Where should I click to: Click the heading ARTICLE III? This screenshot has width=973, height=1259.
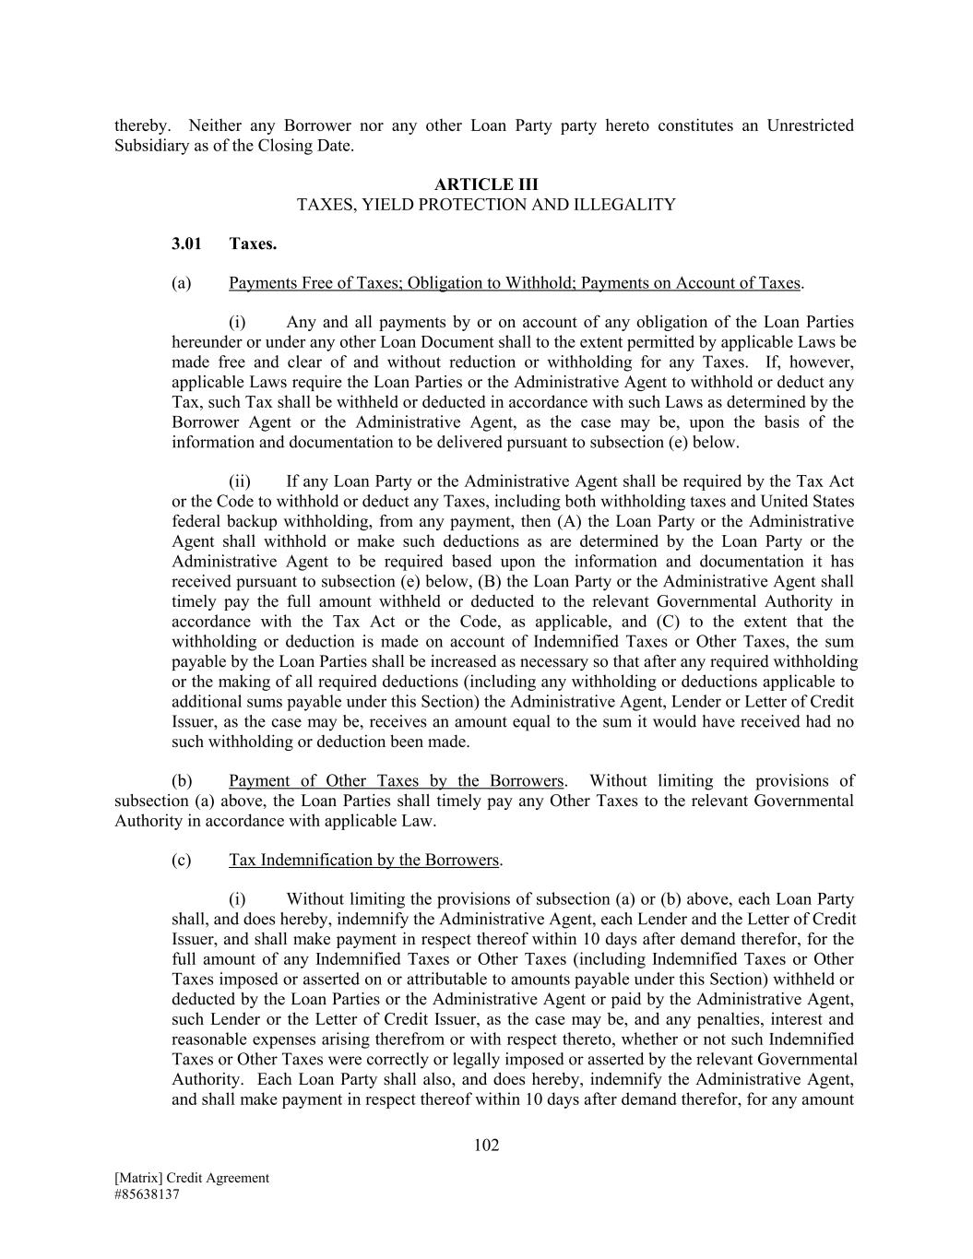tap(486, 184)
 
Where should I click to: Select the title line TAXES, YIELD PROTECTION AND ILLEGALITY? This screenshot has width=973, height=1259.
tap(486, 205)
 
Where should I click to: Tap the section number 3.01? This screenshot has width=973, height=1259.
tap(186, 244)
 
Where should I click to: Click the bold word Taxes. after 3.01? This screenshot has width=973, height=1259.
tap(253, 244)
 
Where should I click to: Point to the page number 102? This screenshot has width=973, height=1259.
tap(486, 1146)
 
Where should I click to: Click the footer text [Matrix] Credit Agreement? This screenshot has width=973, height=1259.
tap(192, 1178)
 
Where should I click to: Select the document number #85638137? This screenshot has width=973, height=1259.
tap(147, 1194)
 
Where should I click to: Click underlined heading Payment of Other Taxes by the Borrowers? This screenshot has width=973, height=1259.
tap(397, 781)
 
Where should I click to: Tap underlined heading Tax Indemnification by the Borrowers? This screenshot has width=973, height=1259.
tap(363, 861)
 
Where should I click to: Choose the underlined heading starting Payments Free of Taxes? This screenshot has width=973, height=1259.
tap(515, 283)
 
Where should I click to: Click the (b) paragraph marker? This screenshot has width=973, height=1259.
tap(182, 781)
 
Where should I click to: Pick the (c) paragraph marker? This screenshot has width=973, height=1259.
tap(182, 861)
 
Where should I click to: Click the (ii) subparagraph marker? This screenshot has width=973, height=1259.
tap(240, 481)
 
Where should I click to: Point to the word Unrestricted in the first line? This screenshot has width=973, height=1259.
tap(810, 125)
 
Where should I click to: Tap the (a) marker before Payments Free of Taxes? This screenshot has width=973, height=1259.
tap(182, 283)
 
